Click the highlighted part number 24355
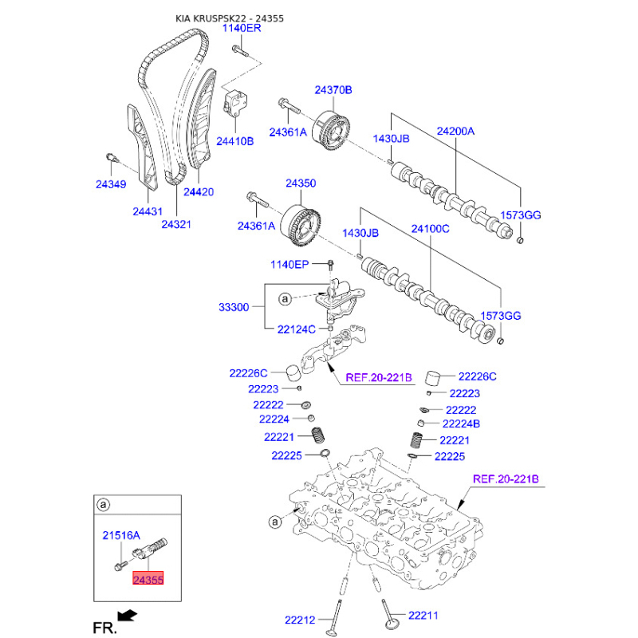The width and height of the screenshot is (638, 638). [x=149, y=580]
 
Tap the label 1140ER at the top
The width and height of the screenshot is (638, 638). [x=242, y=28]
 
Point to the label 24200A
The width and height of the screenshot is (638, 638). [x=455, y=131]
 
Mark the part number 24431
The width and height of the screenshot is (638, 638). [x=148, y=212]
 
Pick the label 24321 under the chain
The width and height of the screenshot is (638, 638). [x=176, y=226]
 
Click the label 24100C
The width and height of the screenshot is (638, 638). [x=431, y=230]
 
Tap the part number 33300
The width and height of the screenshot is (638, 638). [x=234, y=306]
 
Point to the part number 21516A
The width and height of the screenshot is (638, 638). [x=121, y=535]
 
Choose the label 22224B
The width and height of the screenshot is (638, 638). [x=461, y=423]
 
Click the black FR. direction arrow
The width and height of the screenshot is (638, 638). [x=125, y=615]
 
